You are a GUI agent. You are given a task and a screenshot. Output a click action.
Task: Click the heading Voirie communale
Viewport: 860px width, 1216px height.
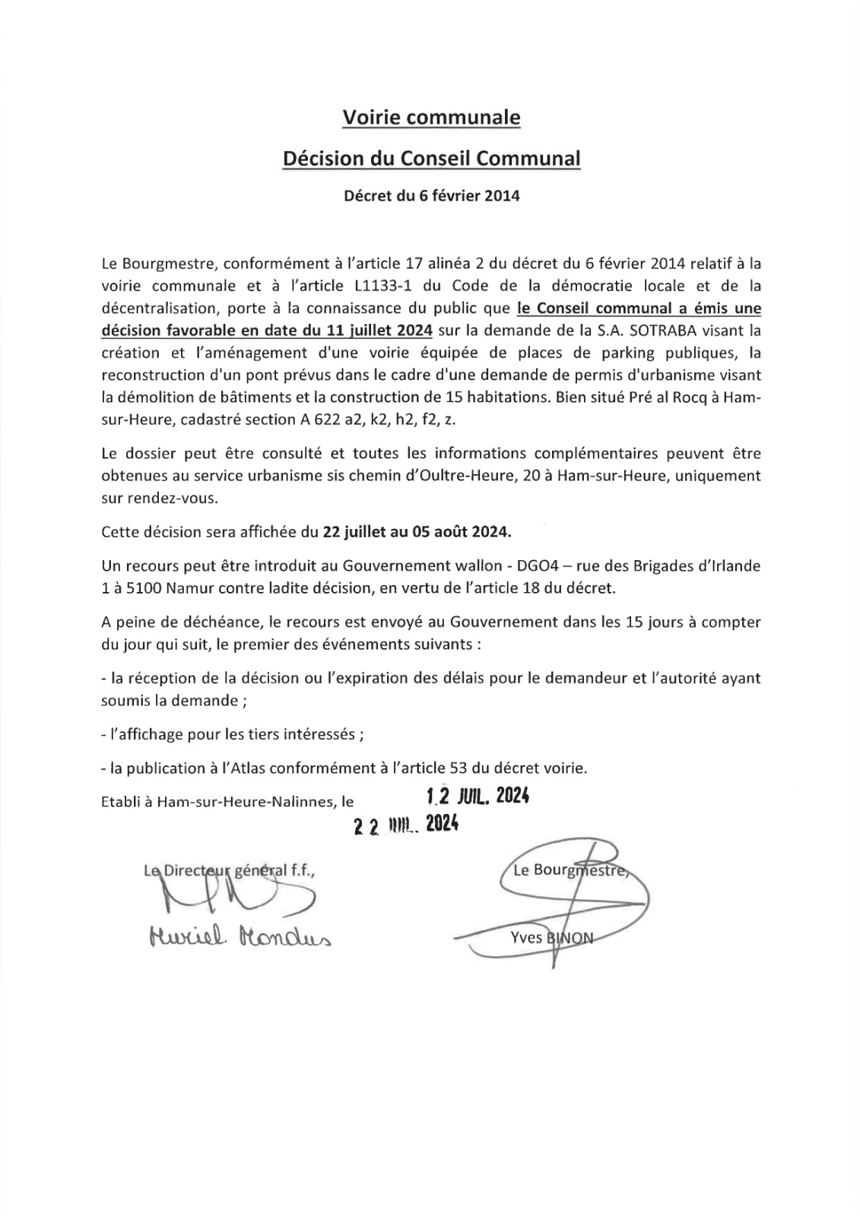431,118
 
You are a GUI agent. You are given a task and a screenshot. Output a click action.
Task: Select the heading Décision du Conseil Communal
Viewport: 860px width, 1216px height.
431,159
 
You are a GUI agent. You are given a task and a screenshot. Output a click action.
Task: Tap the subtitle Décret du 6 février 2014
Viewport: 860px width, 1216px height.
431,196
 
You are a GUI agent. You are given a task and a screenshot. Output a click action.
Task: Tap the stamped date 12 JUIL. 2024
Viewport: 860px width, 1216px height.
478,796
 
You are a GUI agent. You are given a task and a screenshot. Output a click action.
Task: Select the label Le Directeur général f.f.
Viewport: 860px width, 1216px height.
229,871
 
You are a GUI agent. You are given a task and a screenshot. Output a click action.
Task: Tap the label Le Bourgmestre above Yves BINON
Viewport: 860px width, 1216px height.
570,871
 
